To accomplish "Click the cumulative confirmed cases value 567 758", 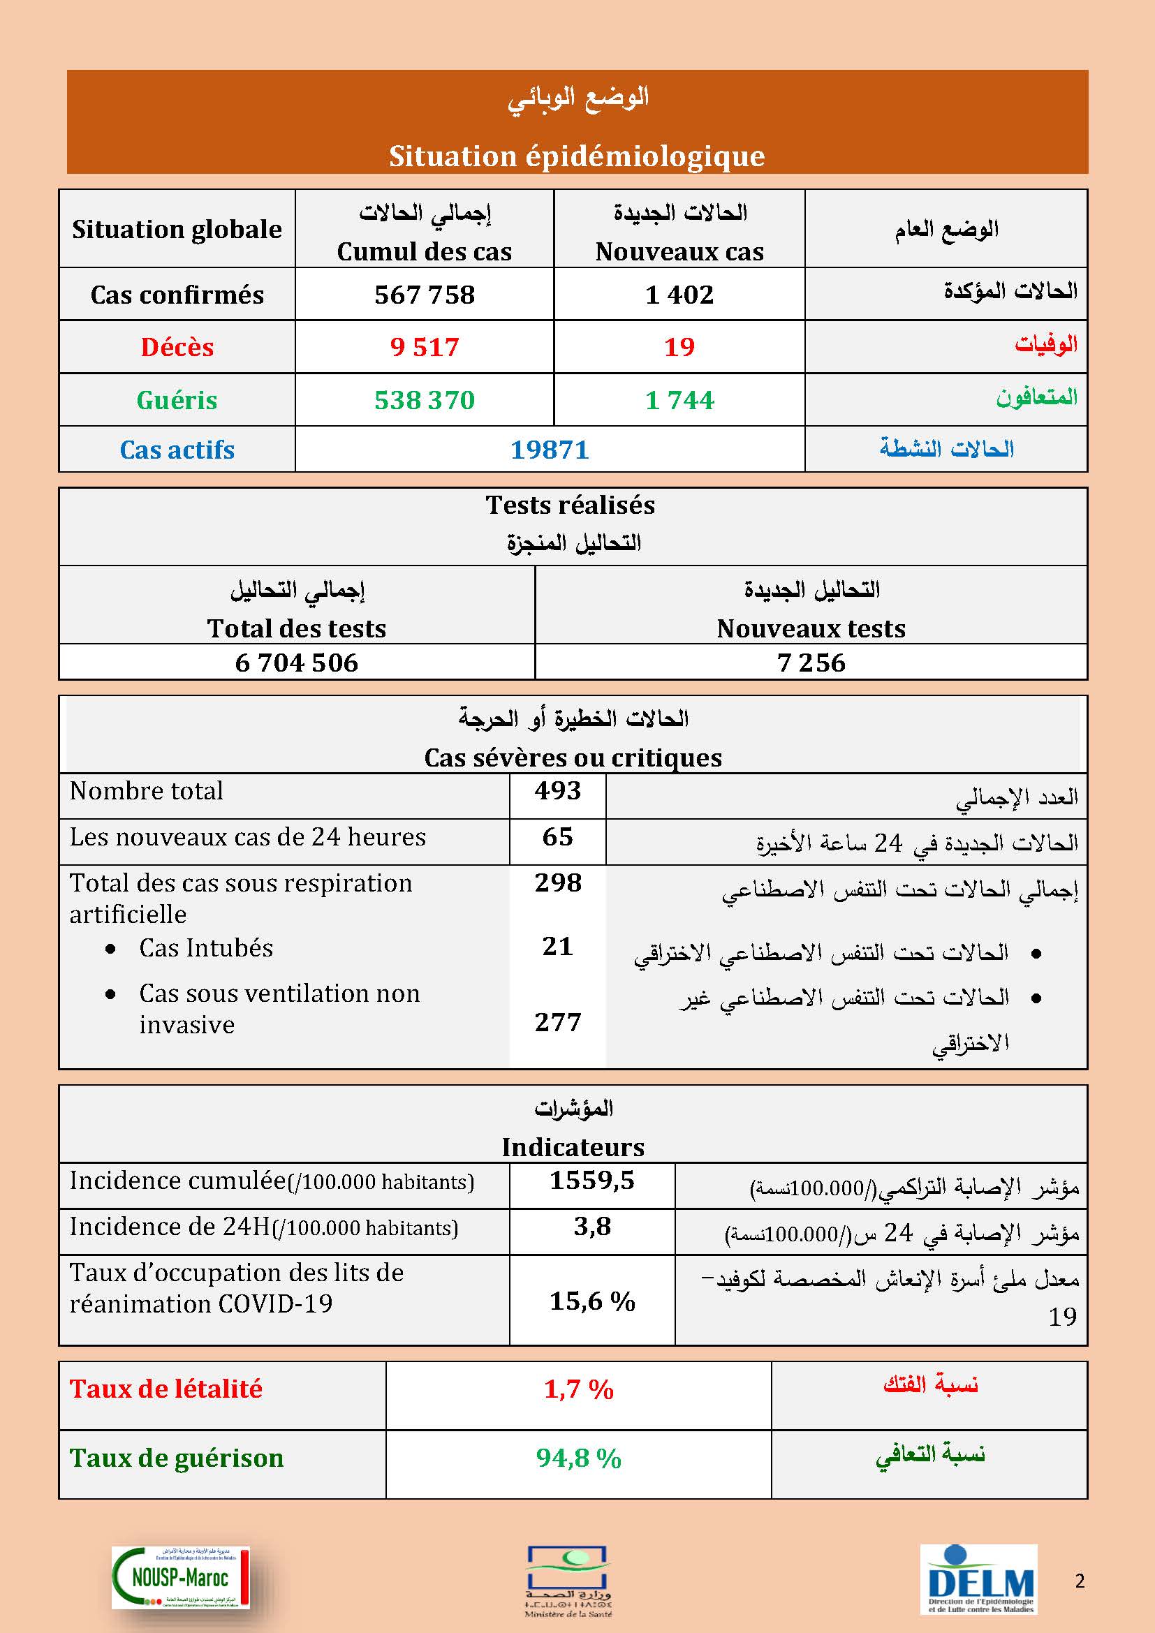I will coord(425,295).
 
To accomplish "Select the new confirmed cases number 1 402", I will coord(679,295).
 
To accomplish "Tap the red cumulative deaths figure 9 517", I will coord(425,347).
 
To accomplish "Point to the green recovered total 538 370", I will coord(425,400).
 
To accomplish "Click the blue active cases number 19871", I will coord(550,450).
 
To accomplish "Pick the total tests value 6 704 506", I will coord(297,663).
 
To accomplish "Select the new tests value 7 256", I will coord(811,663).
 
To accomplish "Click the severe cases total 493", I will coord(557,790).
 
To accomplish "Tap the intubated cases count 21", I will coord(557,946).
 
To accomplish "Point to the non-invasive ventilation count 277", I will coord(557,1023).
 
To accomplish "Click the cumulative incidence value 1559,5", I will coord(591,1181).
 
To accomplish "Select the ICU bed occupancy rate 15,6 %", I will coord(591,1301).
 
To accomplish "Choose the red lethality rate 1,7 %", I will coord(578,1389).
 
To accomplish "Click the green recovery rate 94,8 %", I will coord(578,1458).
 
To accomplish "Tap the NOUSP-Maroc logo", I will coord(181,1578).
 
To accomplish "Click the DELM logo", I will coord(979,1579).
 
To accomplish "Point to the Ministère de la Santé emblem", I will coord(568,1581).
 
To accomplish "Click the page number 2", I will coord(1080,1581).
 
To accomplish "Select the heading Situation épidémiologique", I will coord(577,156).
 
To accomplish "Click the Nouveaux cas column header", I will coord(679,252).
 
